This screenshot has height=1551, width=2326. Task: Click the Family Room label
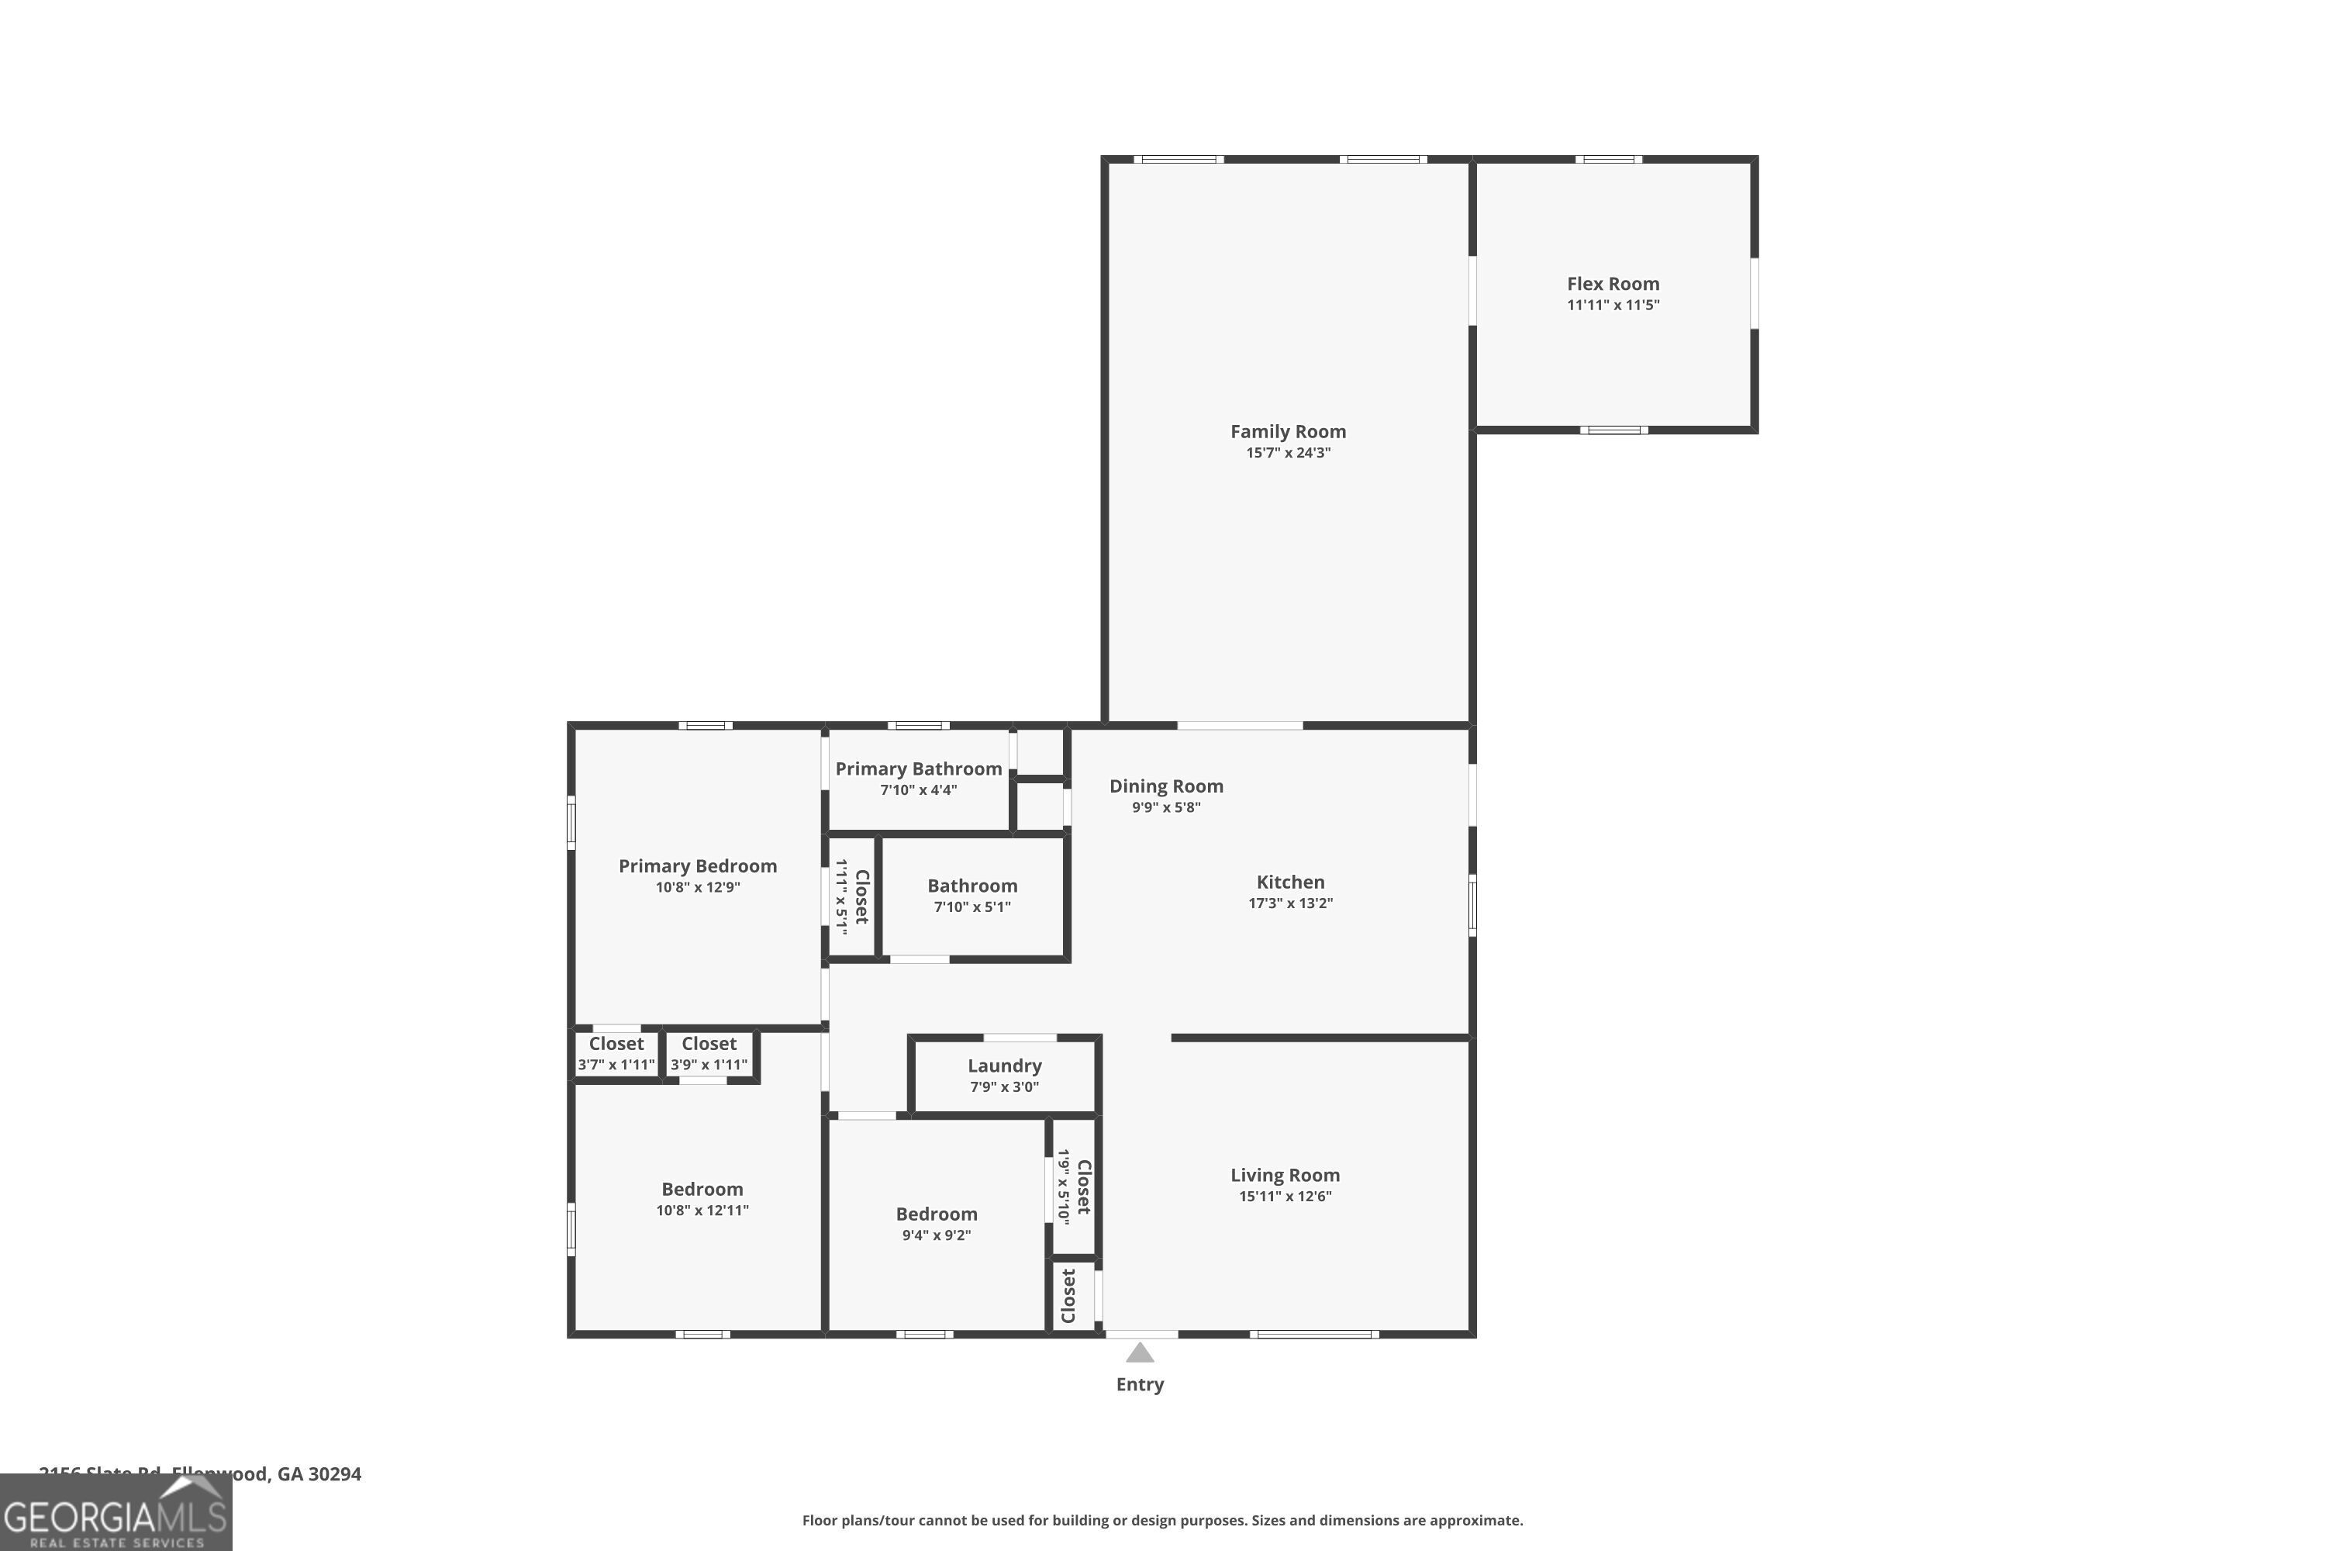tap(1288, 431)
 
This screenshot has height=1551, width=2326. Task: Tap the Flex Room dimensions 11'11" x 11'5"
tap(1613, 305)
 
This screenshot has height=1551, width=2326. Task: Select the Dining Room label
tap(1166, 786)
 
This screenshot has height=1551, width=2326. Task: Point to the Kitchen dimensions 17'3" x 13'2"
tap(1291, 903)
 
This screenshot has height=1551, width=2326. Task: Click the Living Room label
tap(1285, 1175)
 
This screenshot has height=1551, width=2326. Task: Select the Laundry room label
tap(1004, 1066)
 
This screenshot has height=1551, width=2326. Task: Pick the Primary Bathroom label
tap(918, 769)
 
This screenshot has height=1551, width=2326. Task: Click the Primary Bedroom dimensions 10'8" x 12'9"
tap(697, 887)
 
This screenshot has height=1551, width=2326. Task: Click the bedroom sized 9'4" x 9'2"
tap(936, 1224)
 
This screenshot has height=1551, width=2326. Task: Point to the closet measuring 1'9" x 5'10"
tap(1074, 1187)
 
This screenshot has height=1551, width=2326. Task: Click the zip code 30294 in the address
tap(334, 1474)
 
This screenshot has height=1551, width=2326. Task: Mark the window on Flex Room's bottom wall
tap(1613, 430)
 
